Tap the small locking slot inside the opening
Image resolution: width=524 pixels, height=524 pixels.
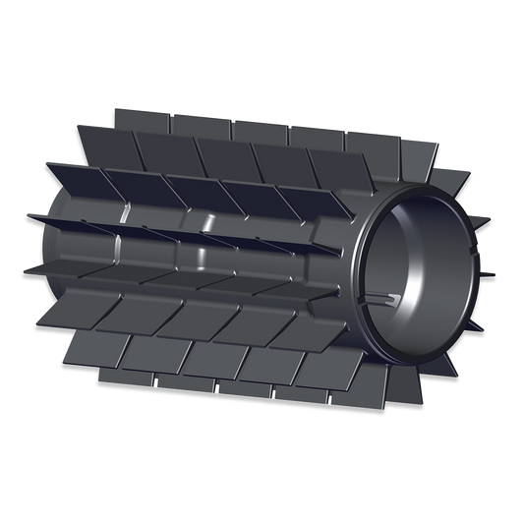click(386, 297)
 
